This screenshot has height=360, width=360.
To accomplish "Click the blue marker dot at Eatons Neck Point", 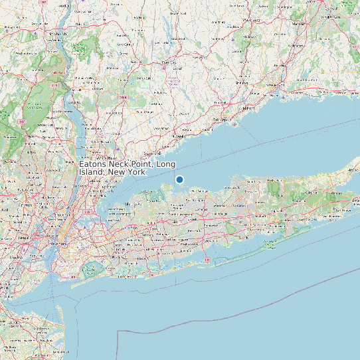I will pos(179,179).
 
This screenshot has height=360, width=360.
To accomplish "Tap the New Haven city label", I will pos(278,88).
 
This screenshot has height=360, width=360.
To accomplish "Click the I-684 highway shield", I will pos(123,98).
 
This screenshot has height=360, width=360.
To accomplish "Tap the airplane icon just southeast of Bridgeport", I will pos(236,124).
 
